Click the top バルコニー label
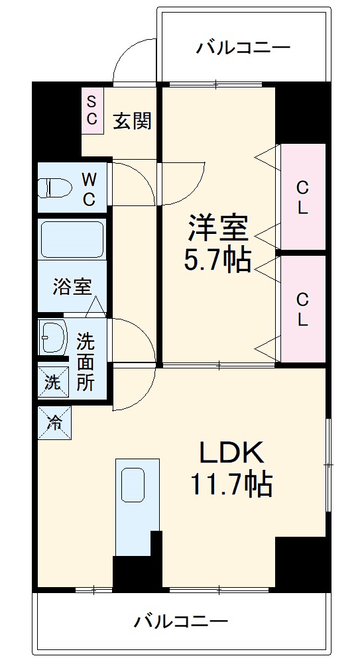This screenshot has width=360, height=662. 243,48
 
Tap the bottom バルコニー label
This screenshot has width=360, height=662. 181,621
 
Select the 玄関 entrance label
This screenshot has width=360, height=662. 133,121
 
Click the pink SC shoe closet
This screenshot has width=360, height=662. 92,111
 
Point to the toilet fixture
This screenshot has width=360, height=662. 54,188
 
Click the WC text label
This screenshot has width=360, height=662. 89,189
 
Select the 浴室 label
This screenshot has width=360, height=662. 72,287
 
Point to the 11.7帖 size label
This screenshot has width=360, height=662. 232,485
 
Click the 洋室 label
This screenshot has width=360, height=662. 217,229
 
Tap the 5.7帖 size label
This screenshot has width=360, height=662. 217,260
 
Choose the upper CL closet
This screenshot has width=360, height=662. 302,197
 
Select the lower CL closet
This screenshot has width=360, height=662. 302,309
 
